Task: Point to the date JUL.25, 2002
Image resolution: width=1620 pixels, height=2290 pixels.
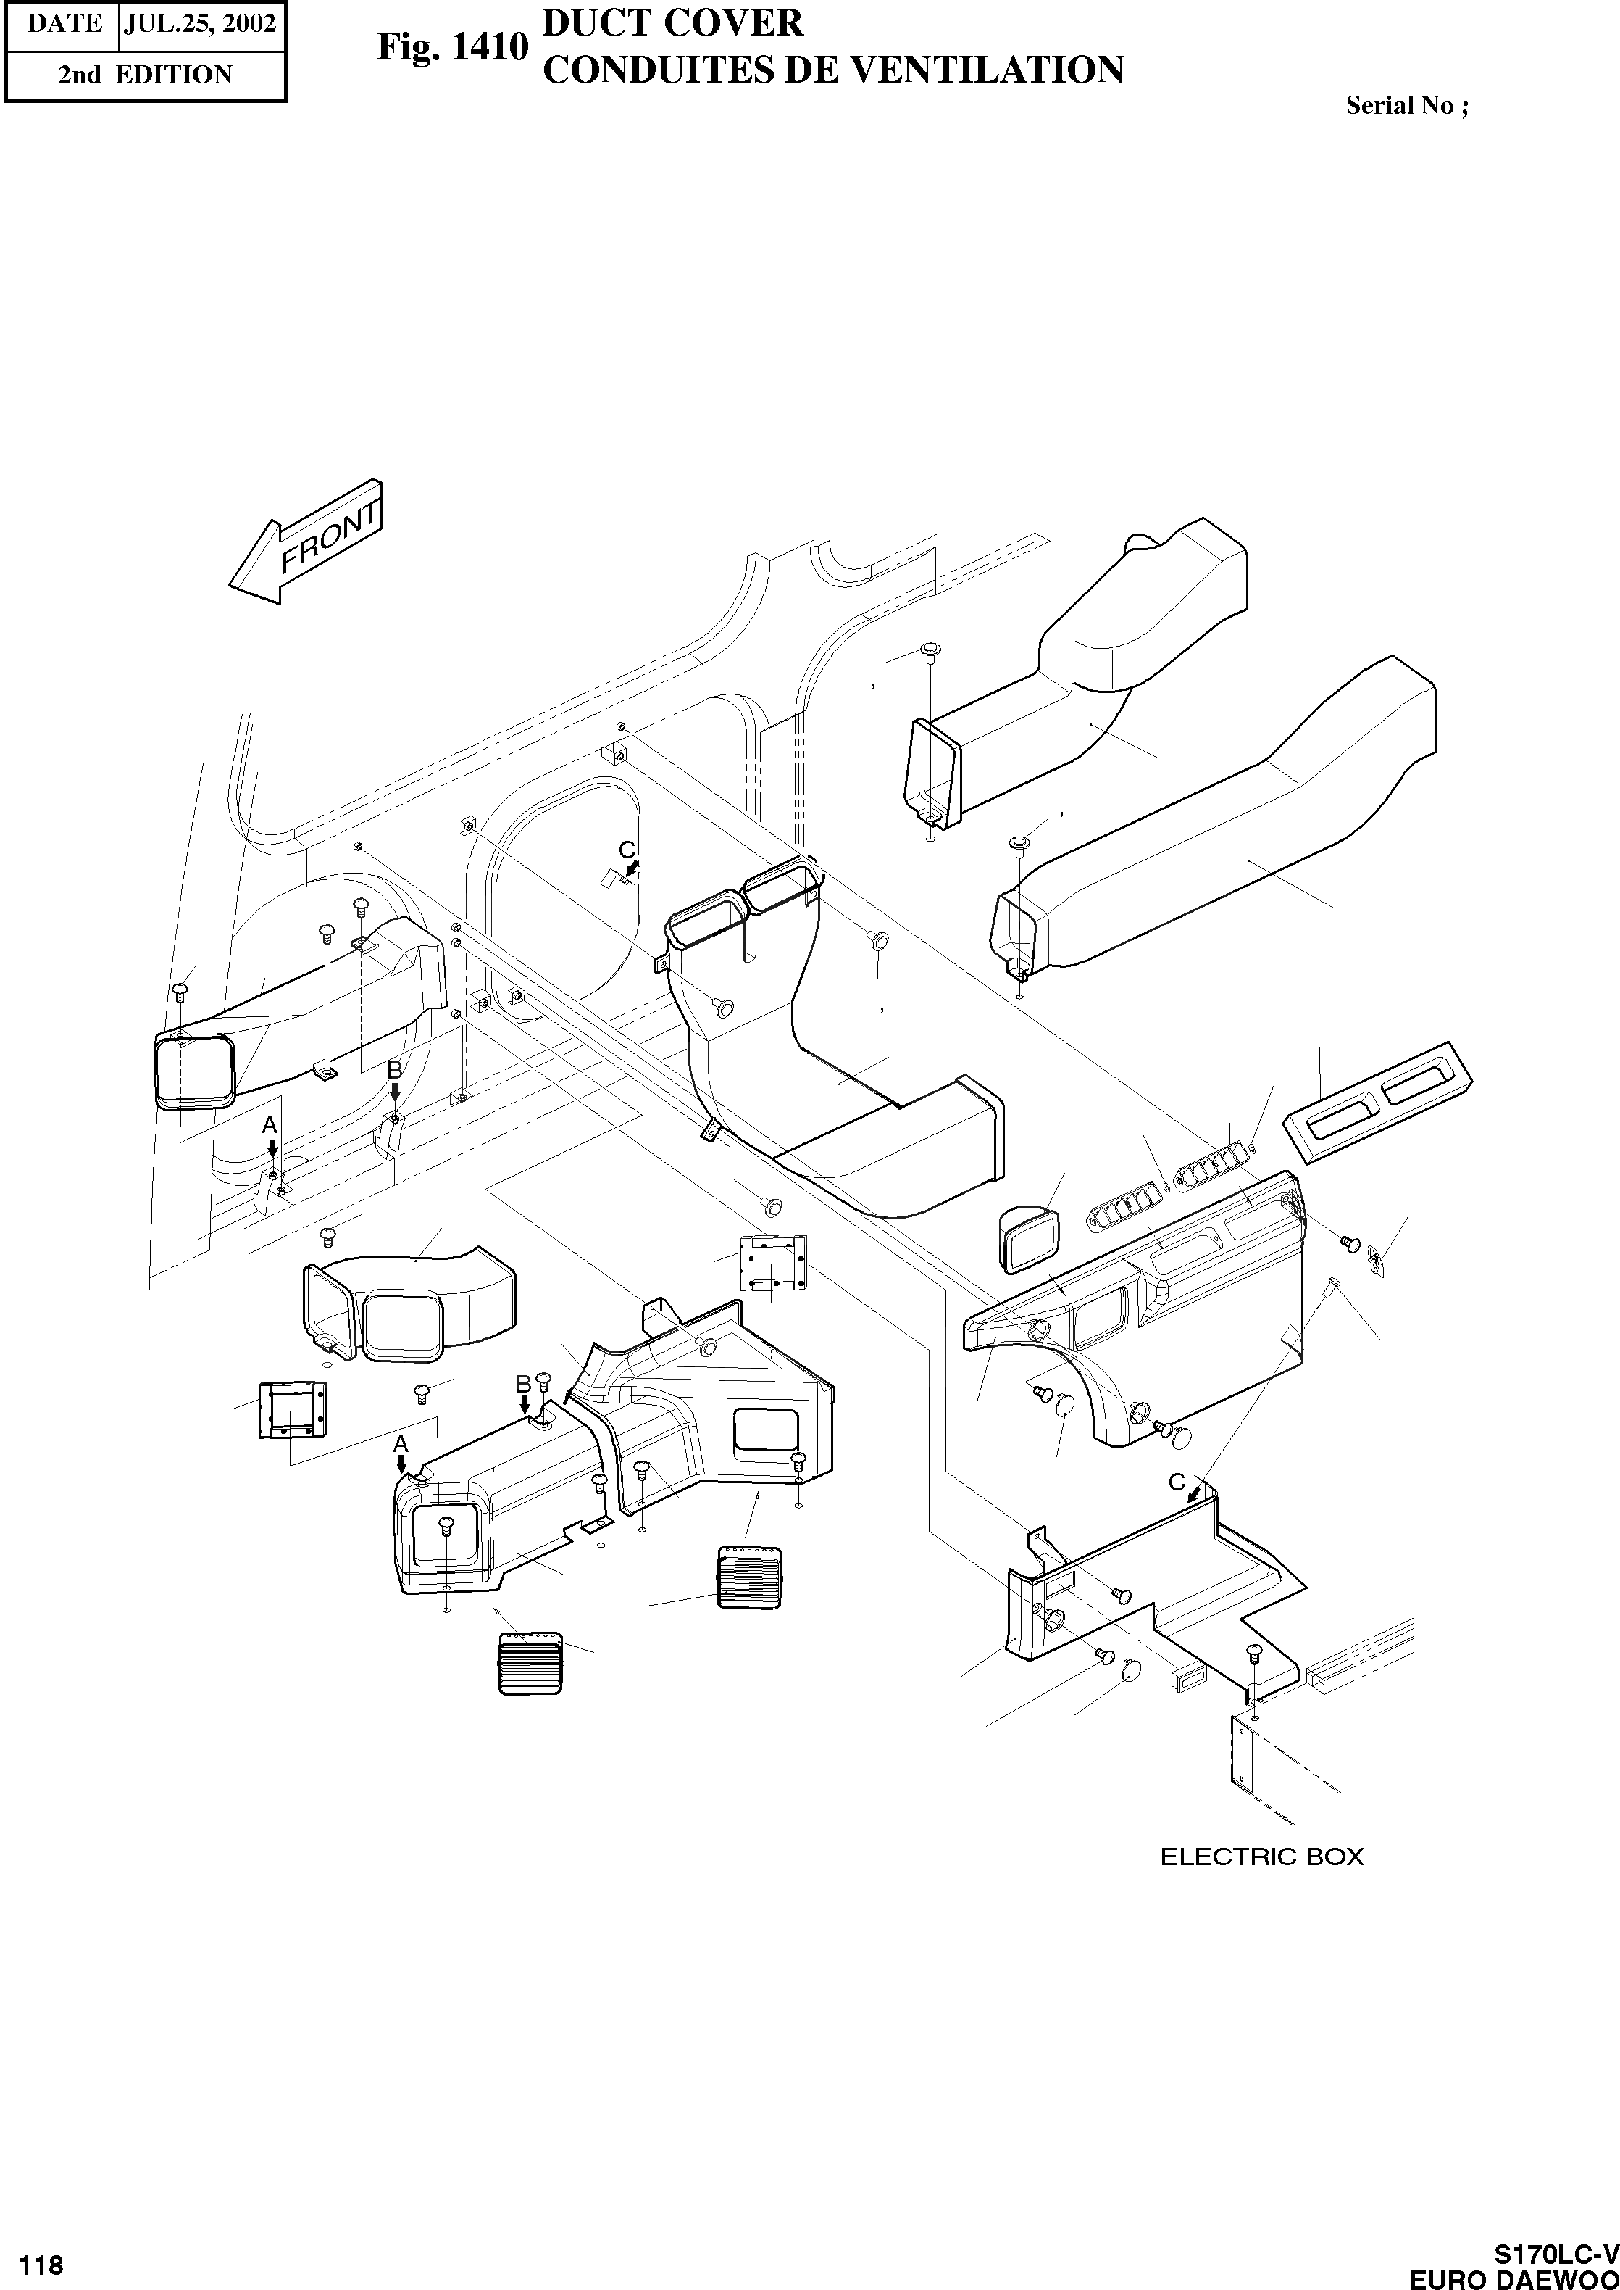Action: coord(199,23)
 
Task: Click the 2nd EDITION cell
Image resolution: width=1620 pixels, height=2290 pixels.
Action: coord(145,75)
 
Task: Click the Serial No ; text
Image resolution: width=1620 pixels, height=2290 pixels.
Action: coord(1406,106)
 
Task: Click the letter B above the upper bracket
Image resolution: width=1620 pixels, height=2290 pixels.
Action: coord(395,1070)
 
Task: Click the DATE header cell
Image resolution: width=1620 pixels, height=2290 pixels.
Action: coord(64,23)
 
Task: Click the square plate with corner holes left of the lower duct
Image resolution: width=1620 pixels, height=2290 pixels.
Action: coord(291,1410)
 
